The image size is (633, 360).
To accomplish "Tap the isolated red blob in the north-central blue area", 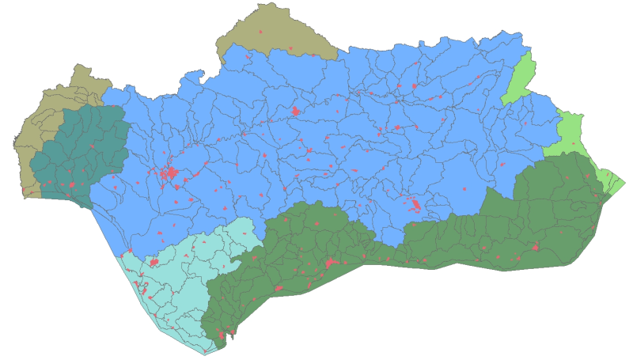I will pyautogui.click(x=295, y=111).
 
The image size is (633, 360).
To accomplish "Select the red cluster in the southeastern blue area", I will pyautogui.click(x=415, y=205).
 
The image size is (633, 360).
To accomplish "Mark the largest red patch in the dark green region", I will pyautogui.click(x=330, y=263).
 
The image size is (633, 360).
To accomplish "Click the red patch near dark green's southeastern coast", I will pyautogui.click(x=536, y=248).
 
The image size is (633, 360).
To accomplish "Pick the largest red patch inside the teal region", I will pyautogui.click(x=71, y=186).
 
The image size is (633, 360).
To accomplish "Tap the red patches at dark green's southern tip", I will pyautogui.click(x=221, y=339).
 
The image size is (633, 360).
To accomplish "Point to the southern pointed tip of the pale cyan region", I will pyautogui.click(x=205, y=353).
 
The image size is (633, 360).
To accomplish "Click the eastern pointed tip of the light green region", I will pyautogui.click(x=624, y=184).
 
